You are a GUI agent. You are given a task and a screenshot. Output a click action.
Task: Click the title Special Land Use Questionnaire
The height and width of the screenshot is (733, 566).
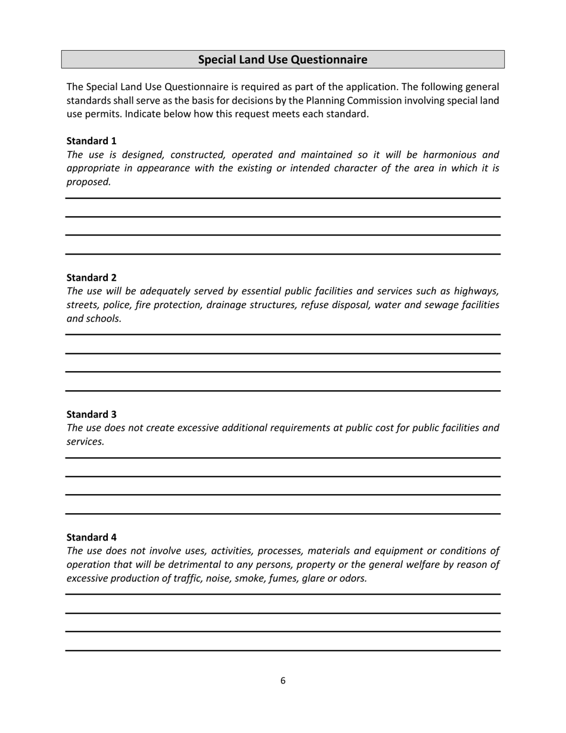[x=282, y=60]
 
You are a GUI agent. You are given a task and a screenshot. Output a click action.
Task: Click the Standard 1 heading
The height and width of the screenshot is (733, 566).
[x=91, y=141]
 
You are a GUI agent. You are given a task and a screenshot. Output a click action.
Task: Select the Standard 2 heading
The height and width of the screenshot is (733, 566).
[x=91, y=277]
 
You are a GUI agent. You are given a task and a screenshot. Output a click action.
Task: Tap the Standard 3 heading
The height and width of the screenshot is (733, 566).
[x=91, y=414]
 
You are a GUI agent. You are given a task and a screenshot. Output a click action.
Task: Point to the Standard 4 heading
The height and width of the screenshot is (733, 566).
[x=91, y=537]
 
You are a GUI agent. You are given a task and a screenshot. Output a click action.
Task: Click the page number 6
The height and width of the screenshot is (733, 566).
[x=282, y=681]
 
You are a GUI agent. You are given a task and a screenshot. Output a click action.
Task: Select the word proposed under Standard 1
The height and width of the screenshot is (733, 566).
[x=88, y=182]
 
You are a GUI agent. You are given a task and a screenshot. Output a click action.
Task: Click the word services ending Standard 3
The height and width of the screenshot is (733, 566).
[x=85, y=442]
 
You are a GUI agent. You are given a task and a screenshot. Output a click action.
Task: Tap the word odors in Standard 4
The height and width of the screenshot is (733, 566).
[x=352, y=578]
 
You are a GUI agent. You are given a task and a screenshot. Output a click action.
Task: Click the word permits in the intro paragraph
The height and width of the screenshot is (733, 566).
[x=103, y=114]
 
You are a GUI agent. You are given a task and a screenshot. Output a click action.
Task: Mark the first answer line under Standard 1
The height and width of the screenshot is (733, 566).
[x=282, y=198]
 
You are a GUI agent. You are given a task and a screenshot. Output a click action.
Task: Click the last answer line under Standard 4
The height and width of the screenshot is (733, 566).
[x=282, y=650]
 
